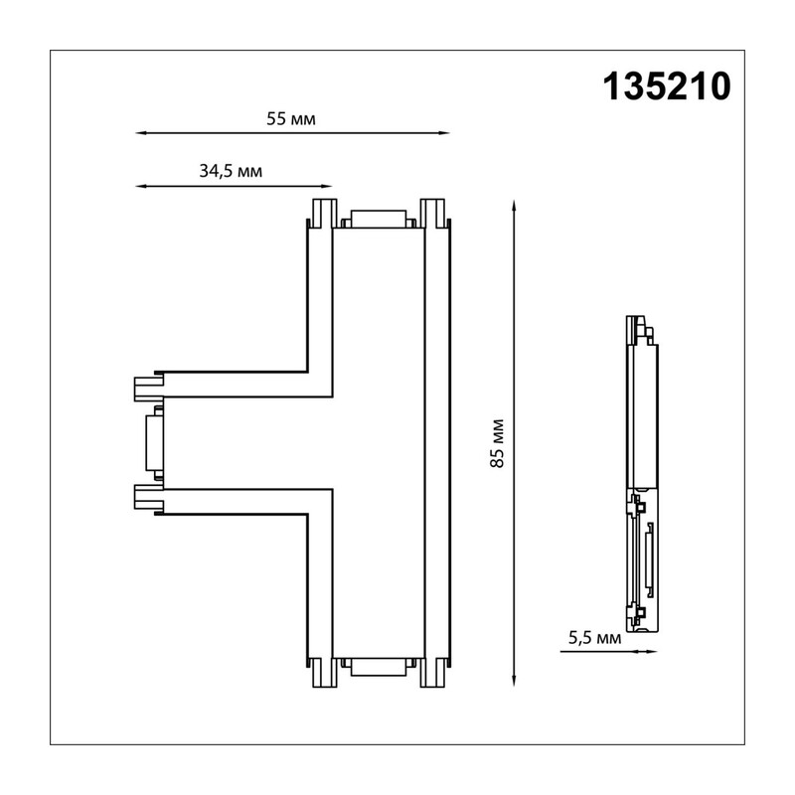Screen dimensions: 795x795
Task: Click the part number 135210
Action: tap(667, 86)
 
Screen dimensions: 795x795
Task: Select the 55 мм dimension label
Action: tap(291, 119)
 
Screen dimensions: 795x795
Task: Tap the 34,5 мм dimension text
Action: tap(231, 171)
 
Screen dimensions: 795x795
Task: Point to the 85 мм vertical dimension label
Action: tap(498, 443)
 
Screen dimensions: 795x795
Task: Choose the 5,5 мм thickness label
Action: tap(594, 638)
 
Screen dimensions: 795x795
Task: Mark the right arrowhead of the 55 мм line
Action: tap(444, 133)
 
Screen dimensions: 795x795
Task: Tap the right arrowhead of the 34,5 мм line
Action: tap(327, 186)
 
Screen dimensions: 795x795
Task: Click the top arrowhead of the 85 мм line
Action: tap(514, 206)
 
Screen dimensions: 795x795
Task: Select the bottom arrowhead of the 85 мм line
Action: tap(514, 681)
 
